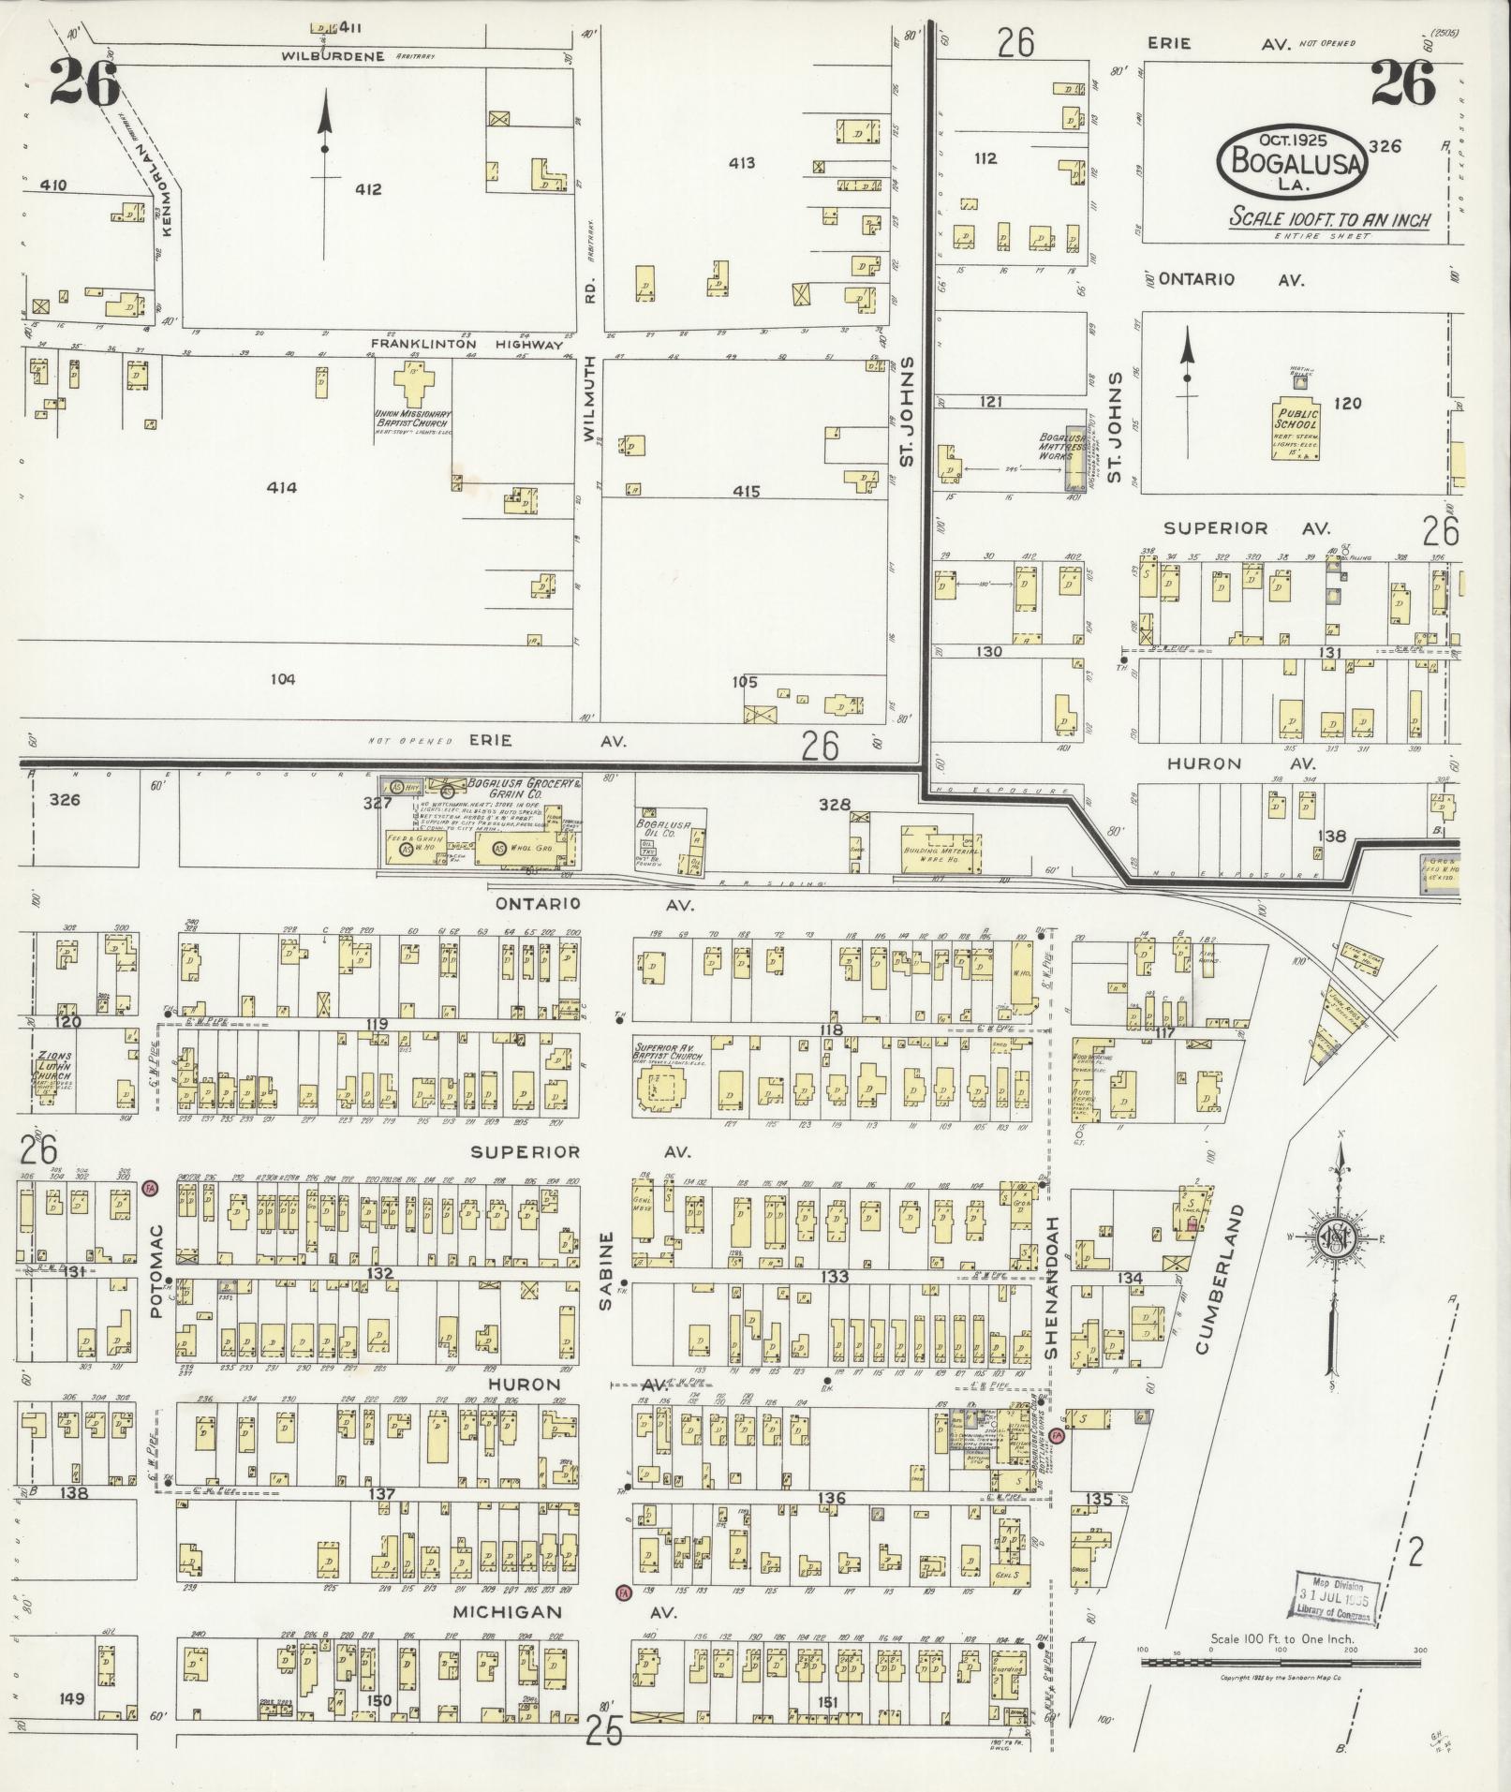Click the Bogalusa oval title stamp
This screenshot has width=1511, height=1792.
[1293, 161]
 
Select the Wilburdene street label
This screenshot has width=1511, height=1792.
[334, 56]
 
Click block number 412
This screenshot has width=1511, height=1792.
[368, 189]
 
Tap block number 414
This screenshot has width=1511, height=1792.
[281, 487]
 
